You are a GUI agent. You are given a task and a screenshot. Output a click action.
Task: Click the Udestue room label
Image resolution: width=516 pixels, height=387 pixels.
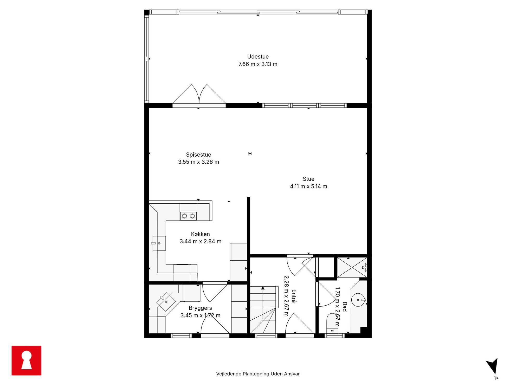[x=258, y=57]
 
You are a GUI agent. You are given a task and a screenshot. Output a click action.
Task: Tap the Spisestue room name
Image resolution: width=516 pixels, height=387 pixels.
[x=198, y=155]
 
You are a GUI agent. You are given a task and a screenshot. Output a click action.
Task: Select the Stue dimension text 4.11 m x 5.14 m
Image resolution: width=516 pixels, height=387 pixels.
[x=308, y=186]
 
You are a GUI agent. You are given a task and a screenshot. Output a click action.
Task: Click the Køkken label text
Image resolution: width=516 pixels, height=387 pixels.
[x=200, y=234]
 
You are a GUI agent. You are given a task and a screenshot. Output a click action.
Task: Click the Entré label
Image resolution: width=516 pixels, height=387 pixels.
[x=294, y=296]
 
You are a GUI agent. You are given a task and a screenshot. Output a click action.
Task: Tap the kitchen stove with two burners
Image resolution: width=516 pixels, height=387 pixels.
[x=188, y=216]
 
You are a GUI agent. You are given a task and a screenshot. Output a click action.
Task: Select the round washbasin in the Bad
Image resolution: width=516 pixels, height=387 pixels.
[x=358, y=300]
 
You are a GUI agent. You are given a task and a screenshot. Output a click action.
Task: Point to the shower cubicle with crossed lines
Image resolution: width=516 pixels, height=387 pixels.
[x=352, y=267]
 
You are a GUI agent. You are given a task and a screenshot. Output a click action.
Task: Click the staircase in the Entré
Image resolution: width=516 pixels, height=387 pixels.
[x=263, y=310]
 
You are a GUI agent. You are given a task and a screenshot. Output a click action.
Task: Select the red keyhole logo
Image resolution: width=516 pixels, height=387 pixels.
[x=26, y=360]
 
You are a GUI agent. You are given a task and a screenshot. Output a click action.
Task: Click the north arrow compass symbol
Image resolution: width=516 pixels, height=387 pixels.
[x=493, y=367]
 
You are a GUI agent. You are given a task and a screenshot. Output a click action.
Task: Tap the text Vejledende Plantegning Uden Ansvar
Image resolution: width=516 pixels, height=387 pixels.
[x=258, y=374]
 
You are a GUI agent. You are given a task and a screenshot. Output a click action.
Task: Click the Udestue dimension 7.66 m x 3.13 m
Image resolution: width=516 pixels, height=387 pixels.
[x=258, y=64]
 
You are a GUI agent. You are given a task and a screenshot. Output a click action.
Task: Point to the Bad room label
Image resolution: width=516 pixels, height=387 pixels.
[x=345, y=307]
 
